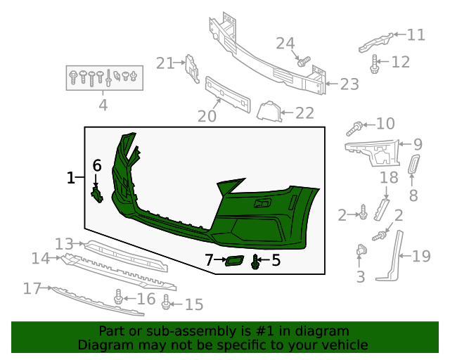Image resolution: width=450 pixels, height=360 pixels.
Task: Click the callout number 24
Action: tap(285, 44)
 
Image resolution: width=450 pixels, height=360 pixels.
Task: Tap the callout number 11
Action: tap(416, 34)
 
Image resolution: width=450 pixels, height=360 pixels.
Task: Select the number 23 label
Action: tap(349, 84)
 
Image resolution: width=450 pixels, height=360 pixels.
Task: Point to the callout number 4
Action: tap(103, 105)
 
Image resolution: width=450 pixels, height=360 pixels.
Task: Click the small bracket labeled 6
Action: tap(97, 193)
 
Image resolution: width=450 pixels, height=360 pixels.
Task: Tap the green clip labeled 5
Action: tap(255, 264)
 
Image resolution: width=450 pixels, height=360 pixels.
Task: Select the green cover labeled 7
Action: tap(232, 262)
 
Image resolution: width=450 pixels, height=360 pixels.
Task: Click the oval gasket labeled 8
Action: tap(413, 167)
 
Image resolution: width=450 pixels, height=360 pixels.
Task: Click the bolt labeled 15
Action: tap(166, 303)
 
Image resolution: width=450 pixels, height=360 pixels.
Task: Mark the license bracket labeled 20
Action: tap(227, 95)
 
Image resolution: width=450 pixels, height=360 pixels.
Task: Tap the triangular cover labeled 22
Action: tap(268, 111)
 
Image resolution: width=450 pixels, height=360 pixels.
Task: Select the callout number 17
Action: tap(33, 288)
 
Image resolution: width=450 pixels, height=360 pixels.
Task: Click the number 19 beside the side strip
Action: tap(421, 256)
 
